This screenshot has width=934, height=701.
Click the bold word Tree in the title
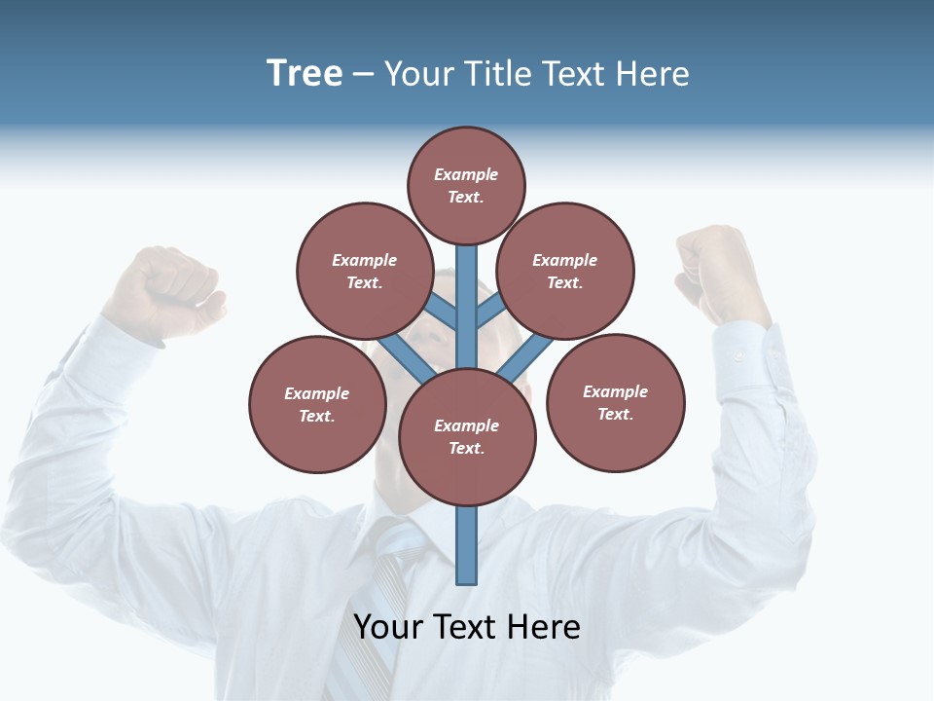[305, 74]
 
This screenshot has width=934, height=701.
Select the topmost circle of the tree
[466, 185]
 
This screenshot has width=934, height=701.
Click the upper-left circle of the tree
[365, 271]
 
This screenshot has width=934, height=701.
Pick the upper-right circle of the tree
[565, 271]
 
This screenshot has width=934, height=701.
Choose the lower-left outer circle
[317, 404]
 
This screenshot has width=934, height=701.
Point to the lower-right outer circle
[615, 402]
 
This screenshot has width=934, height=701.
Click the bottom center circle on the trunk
[467, 436]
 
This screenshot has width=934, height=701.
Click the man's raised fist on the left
[163, 292]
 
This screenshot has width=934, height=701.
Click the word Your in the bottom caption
[388, 627]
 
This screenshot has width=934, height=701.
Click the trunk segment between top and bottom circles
[467, 307]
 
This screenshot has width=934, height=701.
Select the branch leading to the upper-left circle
[443, 312]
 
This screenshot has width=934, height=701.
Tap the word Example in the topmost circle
[466, 175]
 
